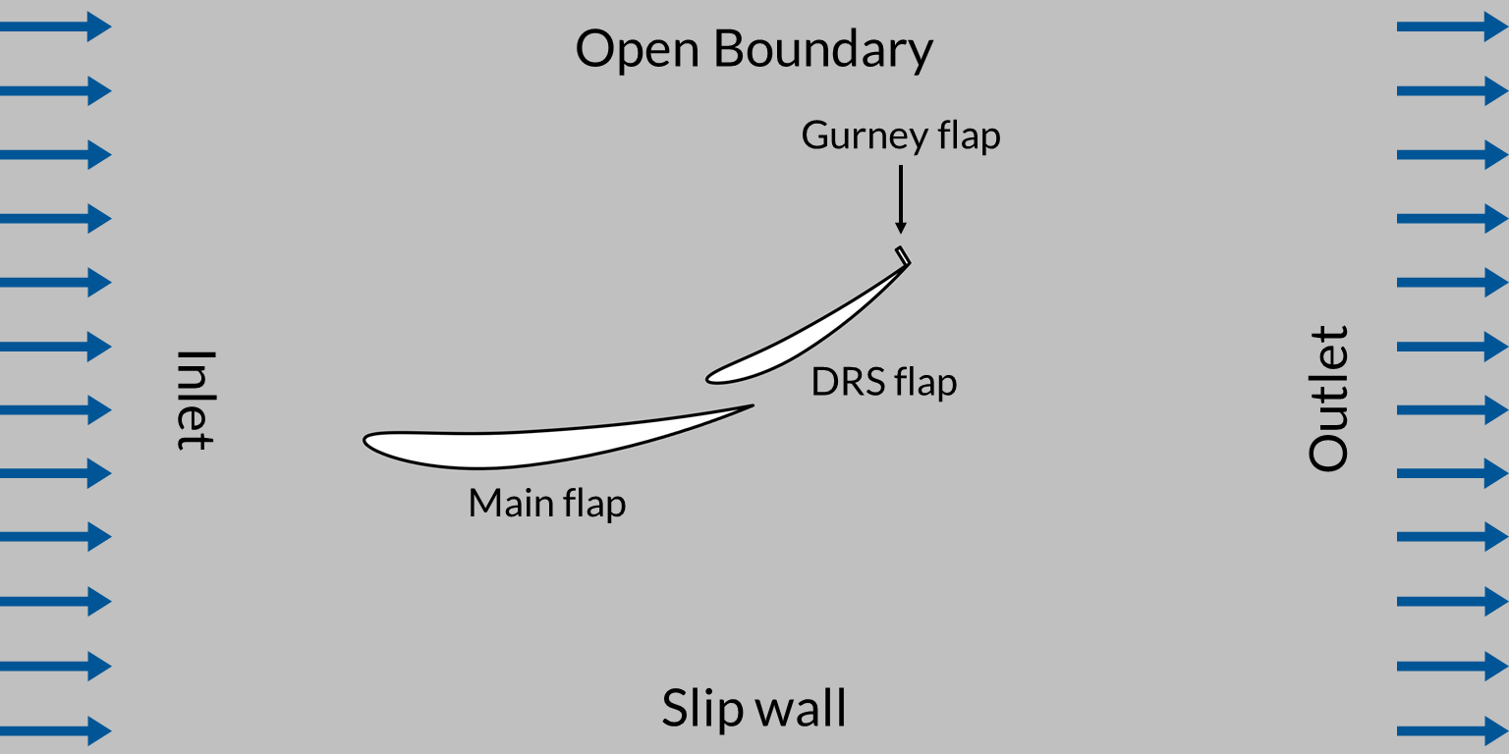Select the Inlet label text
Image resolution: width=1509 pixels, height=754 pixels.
[195, 400]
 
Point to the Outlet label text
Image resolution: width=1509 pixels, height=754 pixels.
[1328, 398]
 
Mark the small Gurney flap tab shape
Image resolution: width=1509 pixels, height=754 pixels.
[903, 255]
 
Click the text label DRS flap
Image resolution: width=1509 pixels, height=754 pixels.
[883, 382]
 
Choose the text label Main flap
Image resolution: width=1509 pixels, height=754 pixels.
[546, 504]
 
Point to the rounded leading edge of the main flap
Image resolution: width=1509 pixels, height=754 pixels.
[366, 441]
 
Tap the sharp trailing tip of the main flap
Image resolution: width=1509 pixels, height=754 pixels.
[752, 405]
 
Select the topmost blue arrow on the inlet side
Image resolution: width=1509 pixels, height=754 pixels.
[55, 27]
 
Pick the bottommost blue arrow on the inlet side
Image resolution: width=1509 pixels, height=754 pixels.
[55, 730]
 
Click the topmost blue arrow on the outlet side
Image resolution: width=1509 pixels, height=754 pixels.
[1452, 27]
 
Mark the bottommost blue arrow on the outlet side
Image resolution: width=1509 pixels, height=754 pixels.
[1452, 730]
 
